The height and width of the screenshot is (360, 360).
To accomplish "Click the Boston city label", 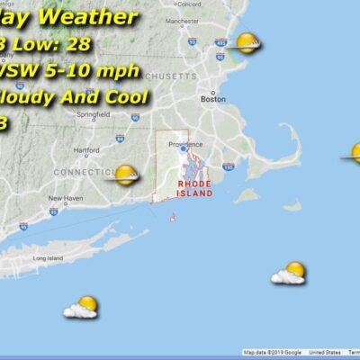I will (x=213, y=100).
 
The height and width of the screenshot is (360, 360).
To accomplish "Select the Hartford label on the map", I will (x=86, y=149).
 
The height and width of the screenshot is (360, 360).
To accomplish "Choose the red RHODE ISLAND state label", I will (x=194, y=187).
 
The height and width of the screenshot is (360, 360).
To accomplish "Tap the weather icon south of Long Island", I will (x=82, y=307).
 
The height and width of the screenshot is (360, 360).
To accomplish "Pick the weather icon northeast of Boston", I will (x=247, y=42).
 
